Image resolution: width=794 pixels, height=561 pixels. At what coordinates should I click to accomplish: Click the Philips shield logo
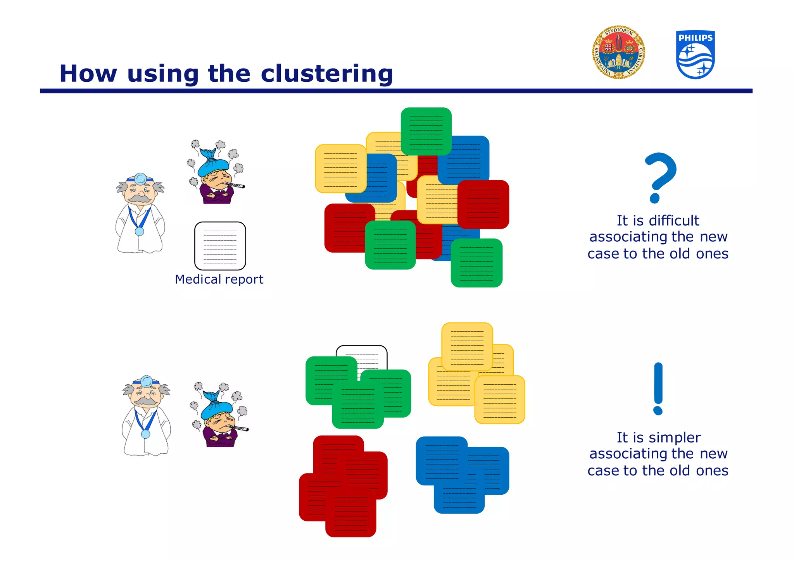tap(695, 55)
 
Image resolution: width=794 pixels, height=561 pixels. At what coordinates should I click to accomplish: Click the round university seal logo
tap(618, 53)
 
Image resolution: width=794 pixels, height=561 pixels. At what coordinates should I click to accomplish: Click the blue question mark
tap(659, 176)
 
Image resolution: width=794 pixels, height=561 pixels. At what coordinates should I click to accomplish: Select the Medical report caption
tap(219, 279)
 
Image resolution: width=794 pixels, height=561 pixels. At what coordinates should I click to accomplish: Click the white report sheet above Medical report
tap(220, 246)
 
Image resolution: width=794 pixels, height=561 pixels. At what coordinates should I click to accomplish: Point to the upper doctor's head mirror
tap(140, 179)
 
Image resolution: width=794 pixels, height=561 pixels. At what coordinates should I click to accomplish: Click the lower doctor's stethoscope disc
tap(145, 434)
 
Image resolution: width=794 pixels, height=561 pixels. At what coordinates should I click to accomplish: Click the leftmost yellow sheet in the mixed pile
tap(340, 169)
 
